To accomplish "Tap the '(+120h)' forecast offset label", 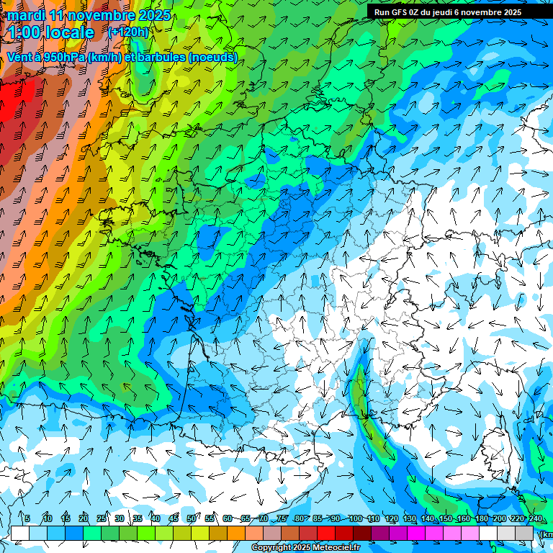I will [127, 32].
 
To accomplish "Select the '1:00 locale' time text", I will [52, 32].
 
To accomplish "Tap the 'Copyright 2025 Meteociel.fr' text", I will [316, 548].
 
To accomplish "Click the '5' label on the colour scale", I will [27, 519].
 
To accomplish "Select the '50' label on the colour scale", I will [191, 519].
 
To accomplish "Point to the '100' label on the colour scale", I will [355, 519].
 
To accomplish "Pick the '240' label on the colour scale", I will [535, 519].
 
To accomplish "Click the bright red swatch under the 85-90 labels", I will [326, 533].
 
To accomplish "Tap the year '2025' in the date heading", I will [153, 15].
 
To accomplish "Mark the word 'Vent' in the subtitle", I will [19, 57].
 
